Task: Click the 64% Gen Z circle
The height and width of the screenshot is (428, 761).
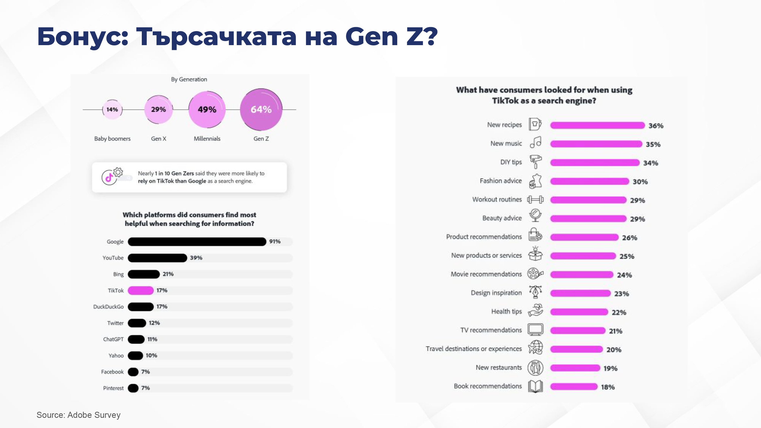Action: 261,110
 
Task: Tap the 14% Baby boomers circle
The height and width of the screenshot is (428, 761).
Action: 112,110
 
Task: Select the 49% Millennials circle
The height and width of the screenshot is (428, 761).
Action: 207,110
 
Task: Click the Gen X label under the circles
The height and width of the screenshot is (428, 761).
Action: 159,138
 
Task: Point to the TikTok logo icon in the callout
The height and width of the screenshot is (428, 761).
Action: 109,177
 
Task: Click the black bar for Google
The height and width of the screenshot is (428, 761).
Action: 197,242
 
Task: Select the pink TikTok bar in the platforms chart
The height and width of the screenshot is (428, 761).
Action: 141,290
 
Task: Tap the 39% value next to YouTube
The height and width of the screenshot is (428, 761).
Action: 196,258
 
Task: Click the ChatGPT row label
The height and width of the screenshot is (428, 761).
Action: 113,339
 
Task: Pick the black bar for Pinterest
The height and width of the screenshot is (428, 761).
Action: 133,388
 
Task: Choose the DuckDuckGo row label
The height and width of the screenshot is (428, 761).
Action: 108,307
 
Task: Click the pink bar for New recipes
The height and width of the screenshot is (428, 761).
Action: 597,125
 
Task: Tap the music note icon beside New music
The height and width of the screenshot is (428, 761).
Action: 535,142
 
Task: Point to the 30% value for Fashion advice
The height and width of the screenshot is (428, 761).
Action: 640,182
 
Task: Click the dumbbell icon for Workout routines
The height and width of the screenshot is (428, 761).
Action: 535,200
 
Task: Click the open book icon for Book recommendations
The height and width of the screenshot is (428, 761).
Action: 535,386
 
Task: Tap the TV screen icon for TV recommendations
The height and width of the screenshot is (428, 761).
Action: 535,330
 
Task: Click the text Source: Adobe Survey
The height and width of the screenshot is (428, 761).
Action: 79,415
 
